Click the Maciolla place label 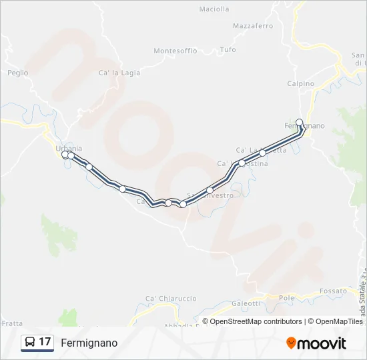(214, 9)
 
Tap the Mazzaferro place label (253, 26)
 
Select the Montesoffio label (175, 51)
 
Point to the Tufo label (228, 50)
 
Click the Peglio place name (18, 72)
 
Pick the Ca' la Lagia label (119, 73)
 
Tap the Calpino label (300, 84)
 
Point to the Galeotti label (246, 303)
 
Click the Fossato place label (333, 291)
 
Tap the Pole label (287, 297)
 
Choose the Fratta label (12, 323)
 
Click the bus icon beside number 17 (30, 342)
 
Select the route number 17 (45, 342)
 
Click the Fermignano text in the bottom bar (89, 343)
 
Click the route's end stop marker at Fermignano (300, 122)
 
